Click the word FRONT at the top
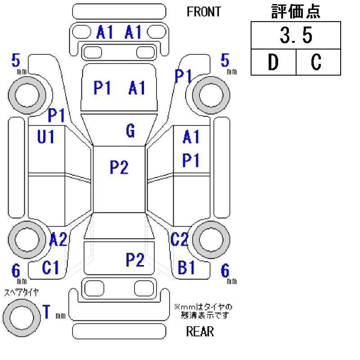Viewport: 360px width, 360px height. [x=204, y=12]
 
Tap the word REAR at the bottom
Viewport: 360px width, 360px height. [x=200, y=332]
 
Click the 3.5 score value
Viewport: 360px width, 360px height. [x=295, y=36]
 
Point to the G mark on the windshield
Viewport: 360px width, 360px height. [x=130, y=131]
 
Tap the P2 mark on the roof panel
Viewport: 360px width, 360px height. [x=119, y=167]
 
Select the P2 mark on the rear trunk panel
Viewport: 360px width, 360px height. [x=135, y=259]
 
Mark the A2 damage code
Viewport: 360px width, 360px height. [x=58, y=239]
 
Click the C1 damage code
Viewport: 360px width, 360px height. [x=50, y=268]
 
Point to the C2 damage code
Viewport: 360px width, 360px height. [x=179, y=240]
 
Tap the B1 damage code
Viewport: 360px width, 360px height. [x=186, y=268]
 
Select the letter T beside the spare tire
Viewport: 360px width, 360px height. [x=46, y=311]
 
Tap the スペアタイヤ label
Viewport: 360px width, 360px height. [x=21, y=292]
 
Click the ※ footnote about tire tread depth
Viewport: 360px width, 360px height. [x=203, y=310]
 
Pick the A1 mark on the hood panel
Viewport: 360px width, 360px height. [x=137, y=88]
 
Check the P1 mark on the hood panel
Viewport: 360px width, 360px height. [x=102, y=88]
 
